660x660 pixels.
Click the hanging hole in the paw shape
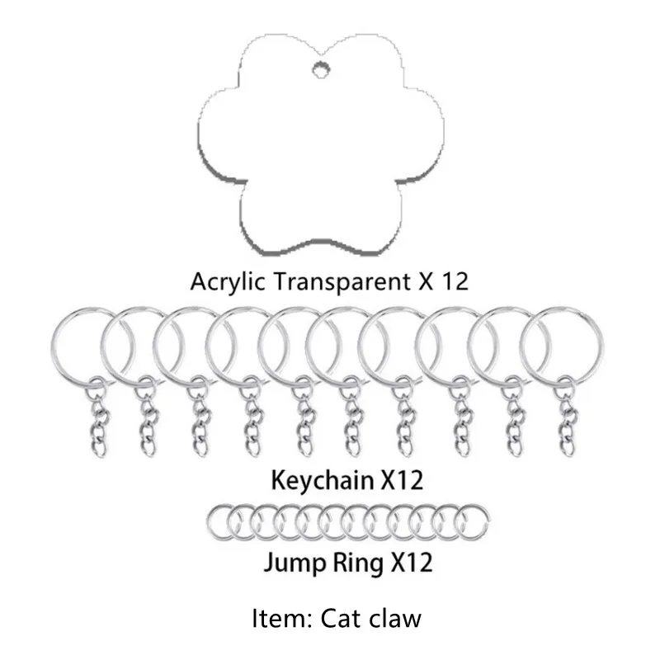319,69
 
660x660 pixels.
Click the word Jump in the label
290,563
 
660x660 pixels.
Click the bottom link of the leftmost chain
98,447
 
